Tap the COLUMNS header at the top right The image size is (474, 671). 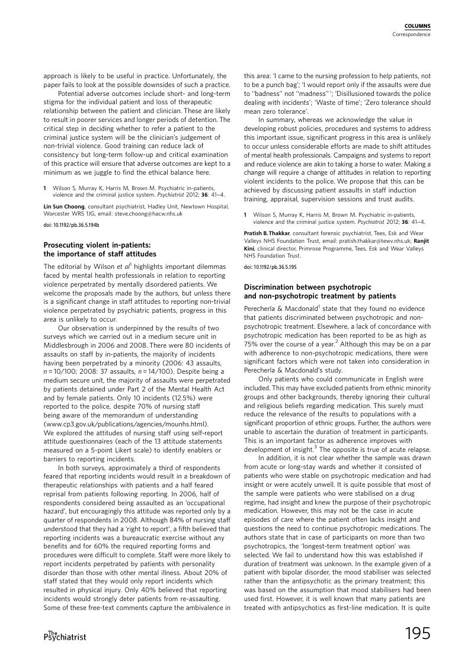pos(417,27)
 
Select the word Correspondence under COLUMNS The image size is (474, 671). pos(411,34)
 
